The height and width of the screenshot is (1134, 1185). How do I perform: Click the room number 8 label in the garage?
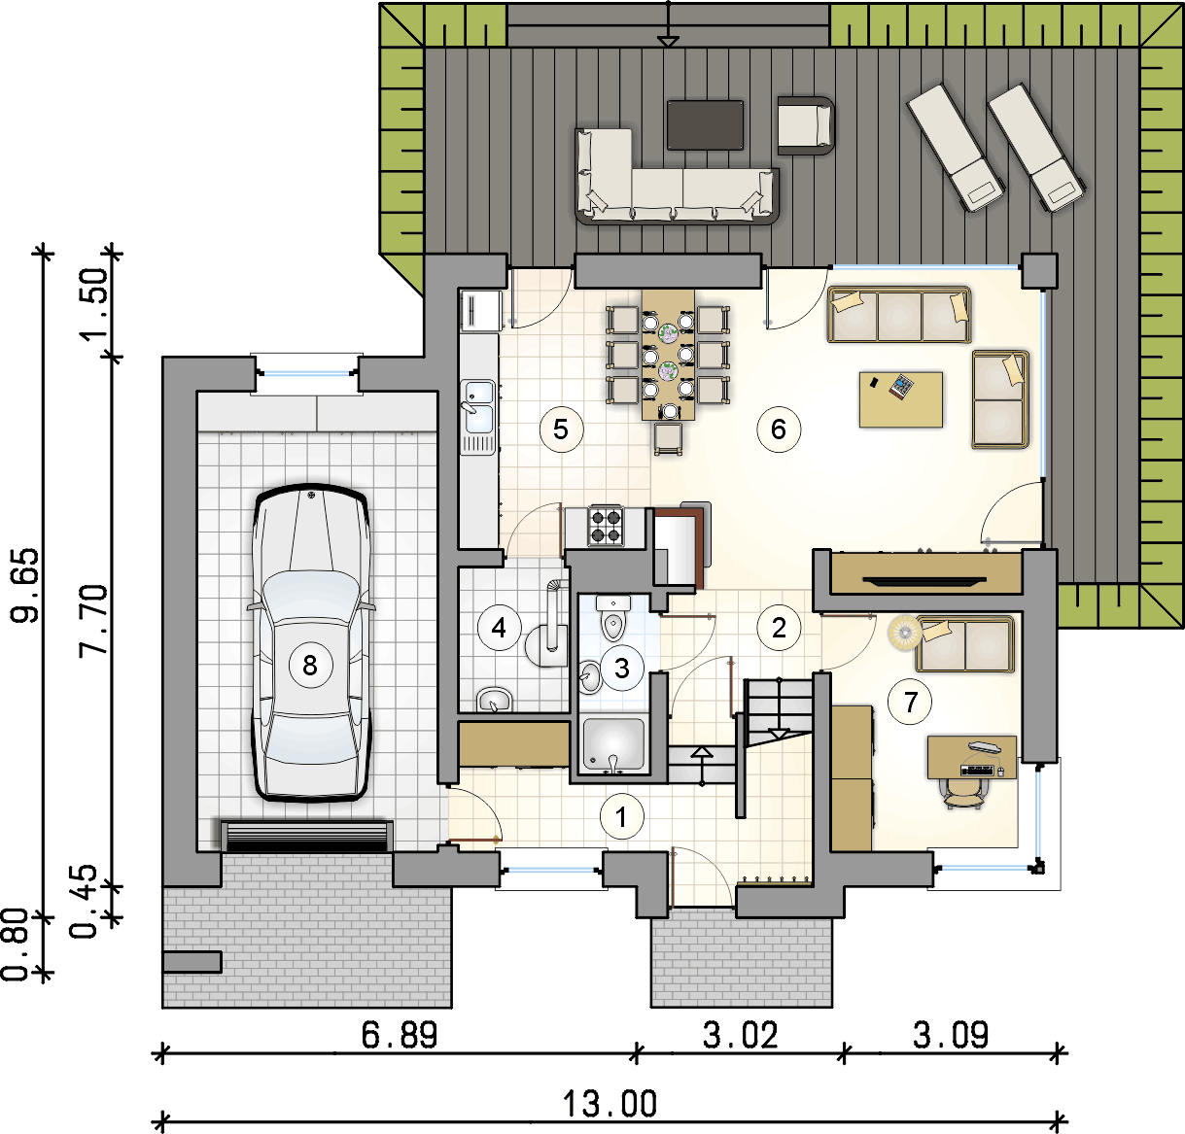click(x=310, y=666)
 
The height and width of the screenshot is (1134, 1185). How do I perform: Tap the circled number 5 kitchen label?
click(x=561, y=430)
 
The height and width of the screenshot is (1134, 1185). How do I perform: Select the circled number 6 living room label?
click(x=779, y=430)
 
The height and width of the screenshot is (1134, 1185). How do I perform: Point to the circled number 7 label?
click(x=910, y=703)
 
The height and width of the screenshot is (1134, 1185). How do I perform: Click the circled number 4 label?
click(x=500, y=628)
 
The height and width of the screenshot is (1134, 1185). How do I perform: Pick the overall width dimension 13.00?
click(x=610, y=1104)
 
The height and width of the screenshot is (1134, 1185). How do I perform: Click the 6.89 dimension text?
click(x=400, y=1036)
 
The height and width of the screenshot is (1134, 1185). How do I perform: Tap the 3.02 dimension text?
click(x=741, y=1036)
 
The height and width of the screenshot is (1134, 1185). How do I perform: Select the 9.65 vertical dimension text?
click(x=27, y=585)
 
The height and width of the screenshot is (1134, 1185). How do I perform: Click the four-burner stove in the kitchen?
click(x=606, y=526)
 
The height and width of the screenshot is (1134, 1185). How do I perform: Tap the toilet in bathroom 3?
click(x=613, y=617)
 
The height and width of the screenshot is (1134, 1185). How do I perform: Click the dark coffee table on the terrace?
click(x=705, y=124)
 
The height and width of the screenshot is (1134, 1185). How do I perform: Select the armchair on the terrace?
click(x=806, y=126)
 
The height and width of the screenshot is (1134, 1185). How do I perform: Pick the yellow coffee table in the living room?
click(x=900, y=399)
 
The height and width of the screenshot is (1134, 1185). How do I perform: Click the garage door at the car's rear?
click(x=306, y=836)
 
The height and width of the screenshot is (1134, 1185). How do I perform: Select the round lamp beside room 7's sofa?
click(x=904, y=632)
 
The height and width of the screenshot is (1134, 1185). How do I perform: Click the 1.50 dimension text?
click(x=95, y=304)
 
